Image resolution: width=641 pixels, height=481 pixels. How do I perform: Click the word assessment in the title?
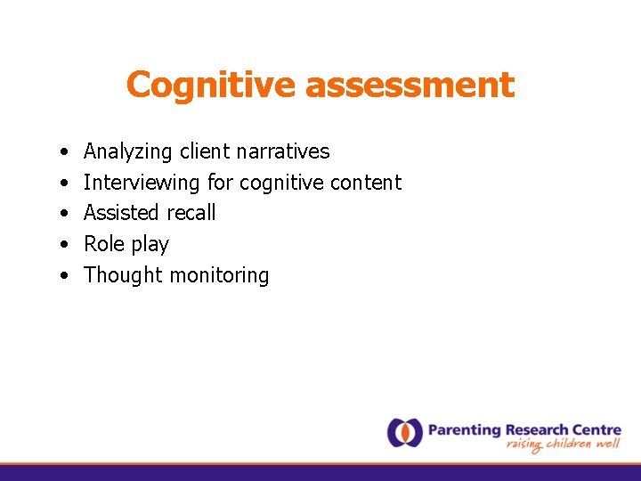tap(410, 86)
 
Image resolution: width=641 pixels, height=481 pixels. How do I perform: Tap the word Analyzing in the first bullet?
tap(127, 152)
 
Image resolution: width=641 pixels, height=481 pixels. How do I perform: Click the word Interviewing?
tap(142, 183)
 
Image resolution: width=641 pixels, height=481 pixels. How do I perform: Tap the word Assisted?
tap(120, 213)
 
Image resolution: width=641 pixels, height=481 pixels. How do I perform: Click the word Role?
tap(103, 244)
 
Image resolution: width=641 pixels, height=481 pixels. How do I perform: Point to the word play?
tap(150, 245)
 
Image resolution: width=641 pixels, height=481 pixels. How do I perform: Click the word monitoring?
tap(219, 276)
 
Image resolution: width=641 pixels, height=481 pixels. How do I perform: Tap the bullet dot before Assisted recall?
tap(66, 214)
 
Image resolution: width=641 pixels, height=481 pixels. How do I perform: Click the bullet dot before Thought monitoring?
tap(66, 276)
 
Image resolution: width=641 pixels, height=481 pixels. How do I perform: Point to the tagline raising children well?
tap(564, 445)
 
